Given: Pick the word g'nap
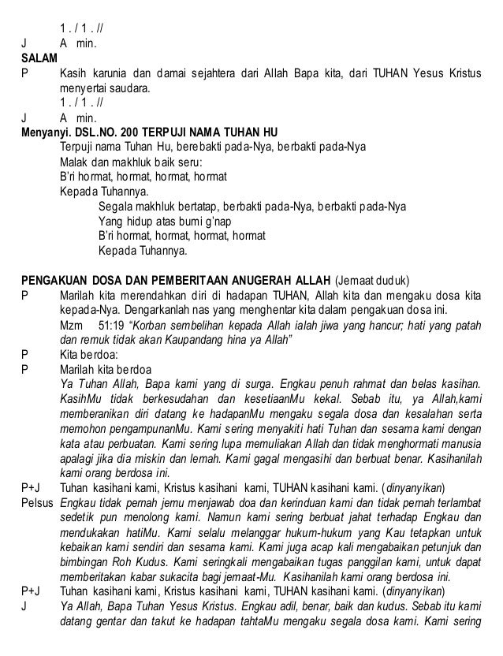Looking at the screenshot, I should click(217, 222).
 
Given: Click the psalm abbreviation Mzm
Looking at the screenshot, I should click(72, 326).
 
